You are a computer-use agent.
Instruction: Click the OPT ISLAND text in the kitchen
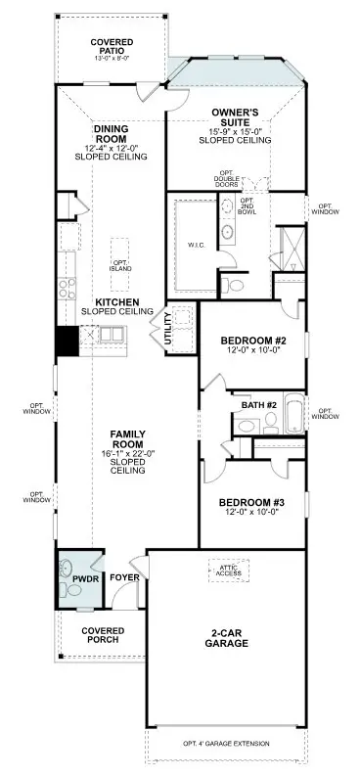[x=120, y=265]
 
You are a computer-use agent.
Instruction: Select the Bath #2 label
[x=259, y=403]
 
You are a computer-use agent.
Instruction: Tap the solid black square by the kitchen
[x=67, y=342]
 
